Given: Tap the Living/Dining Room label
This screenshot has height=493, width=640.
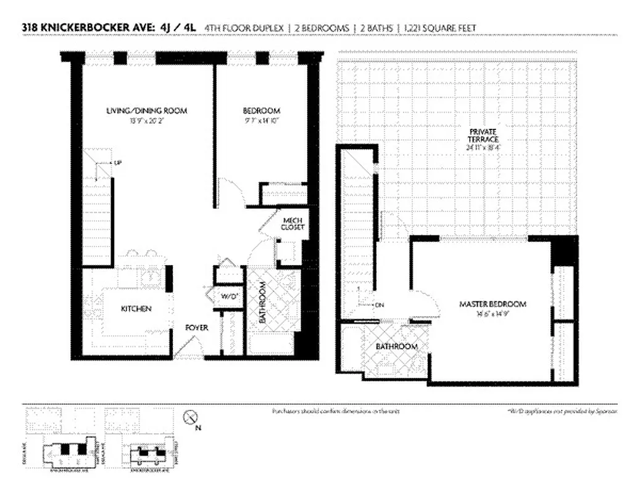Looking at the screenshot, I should click(146, 111).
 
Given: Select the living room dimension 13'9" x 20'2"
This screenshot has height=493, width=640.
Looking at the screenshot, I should click(146, 121).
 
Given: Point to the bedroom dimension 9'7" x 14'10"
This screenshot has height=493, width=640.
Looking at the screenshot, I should click(262, 121).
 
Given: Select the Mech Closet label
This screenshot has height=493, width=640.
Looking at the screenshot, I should click(291, 224).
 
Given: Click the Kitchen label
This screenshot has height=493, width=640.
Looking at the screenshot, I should click(136, 308).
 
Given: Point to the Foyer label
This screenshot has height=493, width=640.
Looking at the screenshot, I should click(197, 328).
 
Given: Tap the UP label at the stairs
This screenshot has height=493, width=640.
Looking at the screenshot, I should click(117, 163).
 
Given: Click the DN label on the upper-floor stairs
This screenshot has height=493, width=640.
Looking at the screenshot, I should click(379, 304).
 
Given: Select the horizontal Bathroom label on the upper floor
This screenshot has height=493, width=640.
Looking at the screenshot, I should click(397, 347).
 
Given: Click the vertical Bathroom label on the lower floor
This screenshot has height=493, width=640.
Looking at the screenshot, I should click(262, 303).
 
